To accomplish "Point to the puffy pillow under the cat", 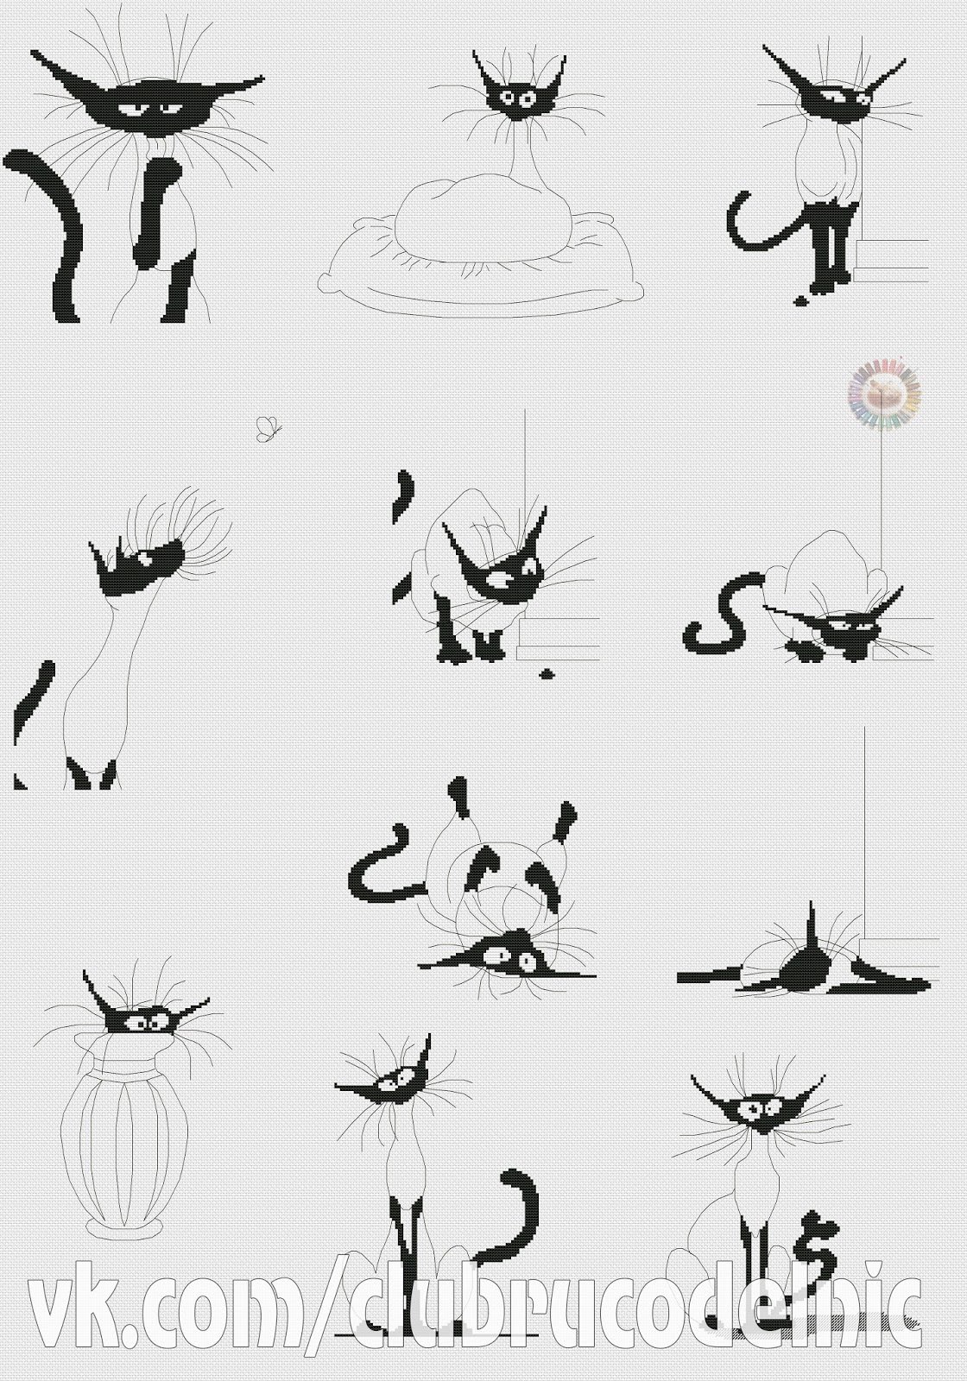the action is click(481, 247).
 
